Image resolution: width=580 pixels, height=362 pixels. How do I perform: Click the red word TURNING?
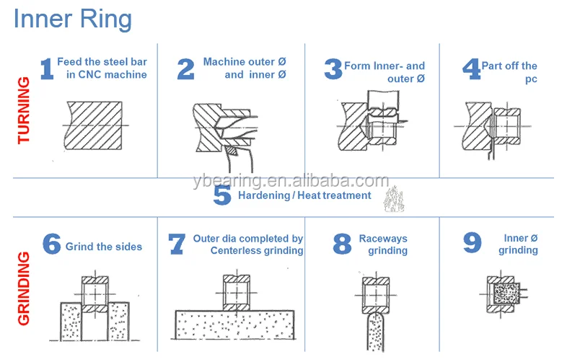(24, 110)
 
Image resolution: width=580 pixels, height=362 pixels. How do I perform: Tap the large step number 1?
(46, 69)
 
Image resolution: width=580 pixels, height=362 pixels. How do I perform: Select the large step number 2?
(185, 69)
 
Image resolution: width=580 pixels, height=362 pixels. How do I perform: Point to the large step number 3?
(333, 69)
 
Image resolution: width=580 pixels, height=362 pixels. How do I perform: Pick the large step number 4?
(471, 69)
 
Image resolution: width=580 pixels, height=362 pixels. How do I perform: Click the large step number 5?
(222, 195)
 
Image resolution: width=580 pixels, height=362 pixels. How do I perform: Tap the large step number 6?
(51, 244)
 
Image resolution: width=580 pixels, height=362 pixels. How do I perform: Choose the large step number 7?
(177, 244)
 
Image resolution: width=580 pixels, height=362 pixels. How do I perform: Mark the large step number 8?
(341, 244)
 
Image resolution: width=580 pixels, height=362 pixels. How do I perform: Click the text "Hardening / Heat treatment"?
(304, 195)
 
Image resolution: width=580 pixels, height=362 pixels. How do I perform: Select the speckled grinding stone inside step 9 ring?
(502, 293)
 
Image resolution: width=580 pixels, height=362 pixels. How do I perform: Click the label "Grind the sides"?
(104, 247)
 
